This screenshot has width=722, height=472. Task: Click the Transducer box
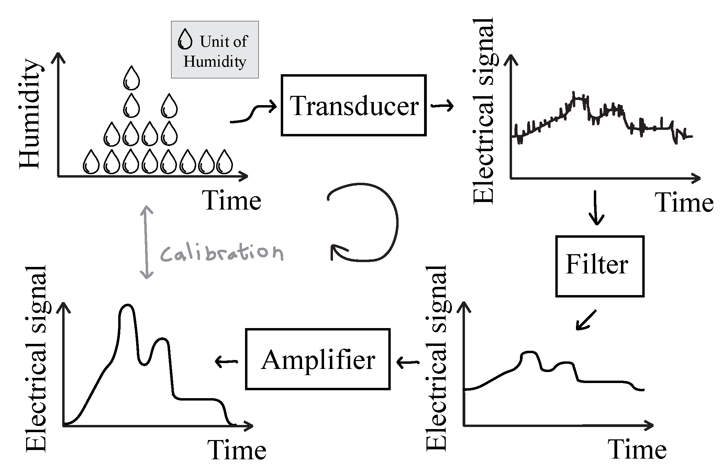pyautogui.click(x=353, y=105)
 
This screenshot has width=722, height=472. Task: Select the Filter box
pyautogui.click(x=599, y=266)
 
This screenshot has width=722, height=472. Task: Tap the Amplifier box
pyautogui.click(x=318, y=359)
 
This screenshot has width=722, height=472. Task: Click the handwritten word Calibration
pyautogui.click(x=222, y=253)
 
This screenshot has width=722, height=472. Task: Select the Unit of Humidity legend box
pyautogui.click(x=215, y=50)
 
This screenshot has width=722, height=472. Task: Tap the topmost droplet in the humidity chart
pyautogui.click(x=131, y=78)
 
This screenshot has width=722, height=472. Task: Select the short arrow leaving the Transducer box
pyautogui.click(x=442, y=106)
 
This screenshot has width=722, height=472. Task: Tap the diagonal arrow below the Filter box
pyautogui.click(x=586, y=320)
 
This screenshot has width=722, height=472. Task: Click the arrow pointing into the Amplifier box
pyautogui.click(x=408, y=362)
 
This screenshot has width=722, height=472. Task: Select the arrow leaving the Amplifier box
pyautogui.click(x=226, y=361)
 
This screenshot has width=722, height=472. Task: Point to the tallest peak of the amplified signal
pyautogui.click(x=127, y=306)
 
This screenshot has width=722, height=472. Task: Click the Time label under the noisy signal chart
pyautogui.click(x=684, y=203)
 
